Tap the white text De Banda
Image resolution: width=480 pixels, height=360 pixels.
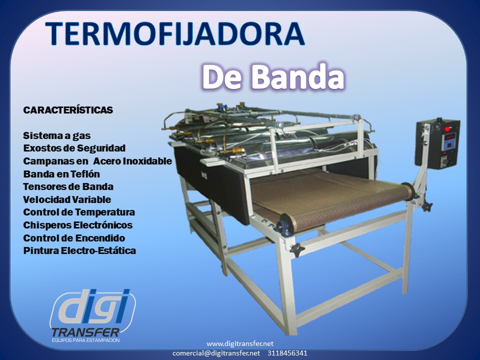[x=273, y=77]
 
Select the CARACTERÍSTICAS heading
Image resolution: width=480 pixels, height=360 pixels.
[x=68, y=110]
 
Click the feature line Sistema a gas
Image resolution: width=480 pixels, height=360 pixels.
[x=57, y=135]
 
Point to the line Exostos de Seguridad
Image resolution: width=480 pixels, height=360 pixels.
[x=74, y=148]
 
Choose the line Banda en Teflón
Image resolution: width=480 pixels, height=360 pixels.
[x=61, y=174]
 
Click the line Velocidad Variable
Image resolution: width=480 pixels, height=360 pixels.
[x=67, y=199]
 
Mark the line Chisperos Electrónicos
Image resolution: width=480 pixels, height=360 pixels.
[x=78, y=225]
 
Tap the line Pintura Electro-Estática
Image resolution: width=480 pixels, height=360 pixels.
[x=79, y=250]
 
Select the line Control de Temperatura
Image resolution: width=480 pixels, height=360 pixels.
[x=79, y=212]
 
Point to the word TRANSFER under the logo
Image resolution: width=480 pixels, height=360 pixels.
[x=85, y=332]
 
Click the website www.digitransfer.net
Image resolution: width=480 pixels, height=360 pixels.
[x=240, y=344]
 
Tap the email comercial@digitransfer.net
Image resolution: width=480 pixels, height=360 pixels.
[x=216, y=353]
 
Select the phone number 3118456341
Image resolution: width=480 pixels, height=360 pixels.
[x=287, y=353]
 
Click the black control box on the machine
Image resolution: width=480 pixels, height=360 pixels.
[x=437, y=143]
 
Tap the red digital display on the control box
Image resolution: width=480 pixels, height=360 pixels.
[x=450, y=137]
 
